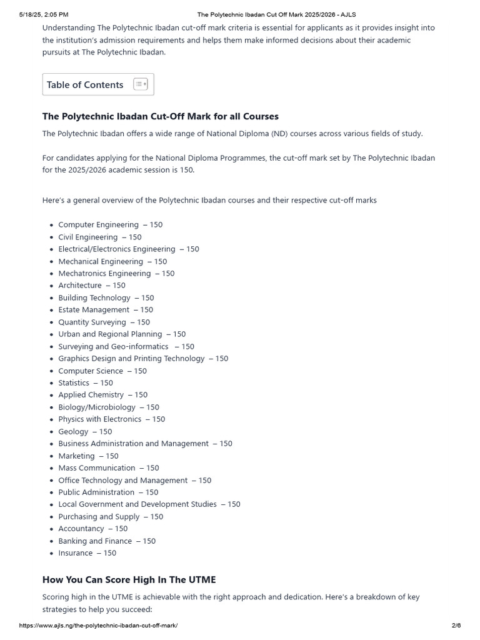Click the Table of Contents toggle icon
141,84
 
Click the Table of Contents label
85,85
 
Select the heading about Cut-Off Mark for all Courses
161,116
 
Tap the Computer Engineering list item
110,224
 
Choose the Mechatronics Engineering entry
116,273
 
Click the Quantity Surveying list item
104,322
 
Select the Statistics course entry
86,382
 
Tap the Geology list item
85,431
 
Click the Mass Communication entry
109,467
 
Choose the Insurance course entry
87,552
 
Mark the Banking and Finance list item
107,541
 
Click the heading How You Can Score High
129,579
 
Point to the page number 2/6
456,626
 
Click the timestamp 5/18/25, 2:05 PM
44,14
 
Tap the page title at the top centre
276,14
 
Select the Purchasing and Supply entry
111,516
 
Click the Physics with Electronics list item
112,419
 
